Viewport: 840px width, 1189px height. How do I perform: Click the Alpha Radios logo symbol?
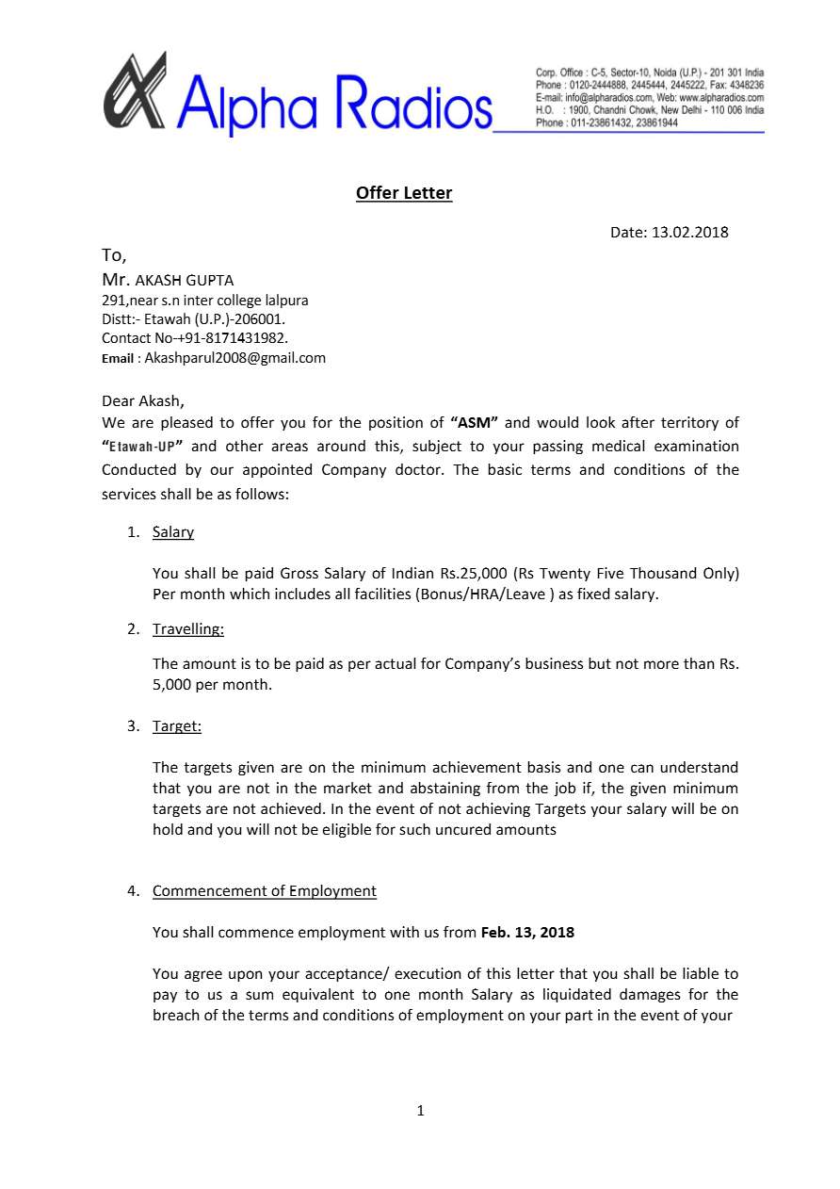pyautogui.click(x=135, y=91)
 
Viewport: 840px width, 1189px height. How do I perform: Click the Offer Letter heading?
pyautogui.click(x=404, y=193)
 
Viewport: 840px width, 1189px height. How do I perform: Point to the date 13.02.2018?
pyautogui.click(x=689, y=232)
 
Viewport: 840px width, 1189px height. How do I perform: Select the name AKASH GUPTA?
pyautogui.click(x=185, y=280)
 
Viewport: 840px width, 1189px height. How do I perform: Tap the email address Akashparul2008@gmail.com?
pyautogui.click(x=234, y=358)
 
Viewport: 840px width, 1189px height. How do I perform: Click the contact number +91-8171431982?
pyautogui.click(x=232, y=337)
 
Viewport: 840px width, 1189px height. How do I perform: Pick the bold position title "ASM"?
pyautogui.click(x=475, y=422)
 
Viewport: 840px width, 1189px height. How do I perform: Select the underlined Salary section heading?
pyautogui.click(x=173, y=532)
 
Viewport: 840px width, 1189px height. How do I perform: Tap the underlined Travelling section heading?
pyautogui.click(x=188, y=628)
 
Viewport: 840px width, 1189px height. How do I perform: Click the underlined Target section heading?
pyautogui.click(x=177, y=726)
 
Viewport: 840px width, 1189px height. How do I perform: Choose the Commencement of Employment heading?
pyautogui.click(x=265, y=891)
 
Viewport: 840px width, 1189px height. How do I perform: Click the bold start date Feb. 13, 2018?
pyautogui.click(x=527, y=933)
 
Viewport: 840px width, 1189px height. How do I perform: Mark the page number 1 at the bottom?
pyautogui.click(x=420, y=1111)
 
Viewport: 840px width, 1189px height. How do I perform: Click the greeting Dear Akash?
pyautogui.click(x=143, y=400)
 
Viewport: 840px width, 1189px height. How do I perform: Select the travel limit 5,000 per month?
pyautogui.click(x=212, y=685)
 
